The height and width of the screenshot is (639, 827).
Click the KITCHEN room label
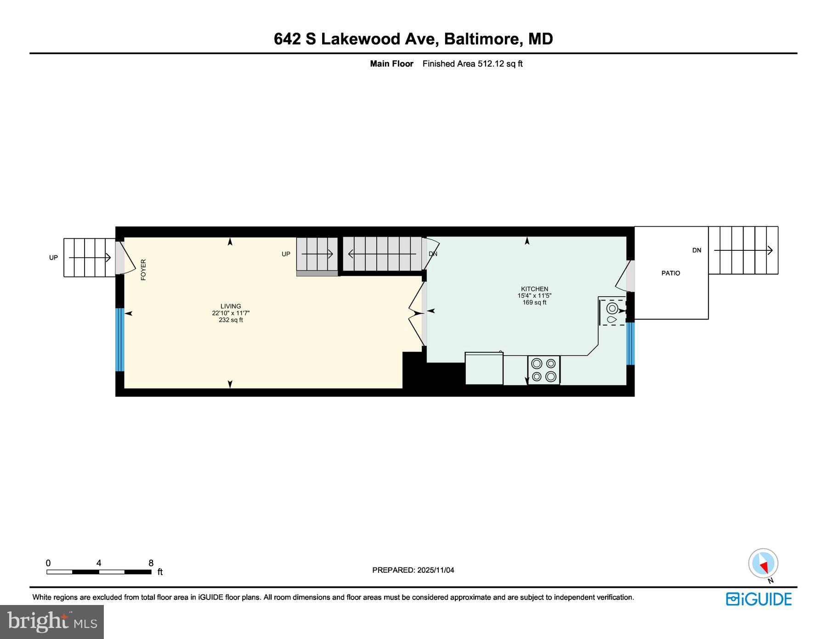pyautogui.click(x=534, y=289)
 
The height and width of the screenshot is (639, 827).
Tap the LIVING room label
pyautogui.click(x=231, y=306)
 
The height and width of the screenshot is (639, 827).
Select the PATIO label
pyautogui.click(x=670, y=273)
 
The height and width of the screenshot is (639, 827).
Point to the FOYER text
pyautogui.click(x=143, y=270)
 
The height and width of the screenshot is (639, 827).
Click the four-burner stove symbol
pyautogui.click(x=544, y=370)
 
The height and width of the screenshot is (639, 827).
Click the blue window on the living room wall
pyautogui.click(x=119, y=339)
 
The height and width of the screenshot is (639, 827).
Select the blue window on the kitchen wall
pyautogui.click(x=630, y=343)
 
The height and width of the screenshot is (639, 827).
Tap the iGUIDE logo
pyautogui.click(x=759, y=599)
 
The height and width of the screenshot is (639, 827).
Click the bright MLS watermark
pyautogui.click(x=52, y=622)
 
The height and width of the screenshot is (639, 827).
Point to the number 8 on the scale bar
pyautogui.click(x=151, y=563)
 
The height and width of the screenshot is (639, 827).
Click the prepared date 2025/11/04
pyautogui.click(x=435, y=570)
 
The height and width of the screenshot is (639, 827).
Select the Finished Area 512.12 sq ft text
pyautogui.click(x=472, y=64)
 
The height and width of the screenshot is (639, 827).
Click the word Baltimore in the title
pyautogui.click(x=481, y=39)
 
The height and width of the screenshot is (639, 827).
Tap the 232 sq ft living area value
pyautogui.click(x=231, y=320)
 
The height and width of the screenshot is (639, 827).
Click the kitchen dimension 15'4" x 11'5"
pyautogui.click(x=534, y=296)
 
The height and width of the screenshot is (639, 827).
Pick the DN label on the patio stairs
pyautogui.click(x=697, y=250)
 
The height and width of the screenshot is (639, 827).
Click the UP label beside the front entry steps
pyautogui.click(x=54, y=258)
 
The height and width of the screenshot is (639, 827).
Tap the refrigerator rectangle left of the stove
pyautogui.click(x=484, y=368)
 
